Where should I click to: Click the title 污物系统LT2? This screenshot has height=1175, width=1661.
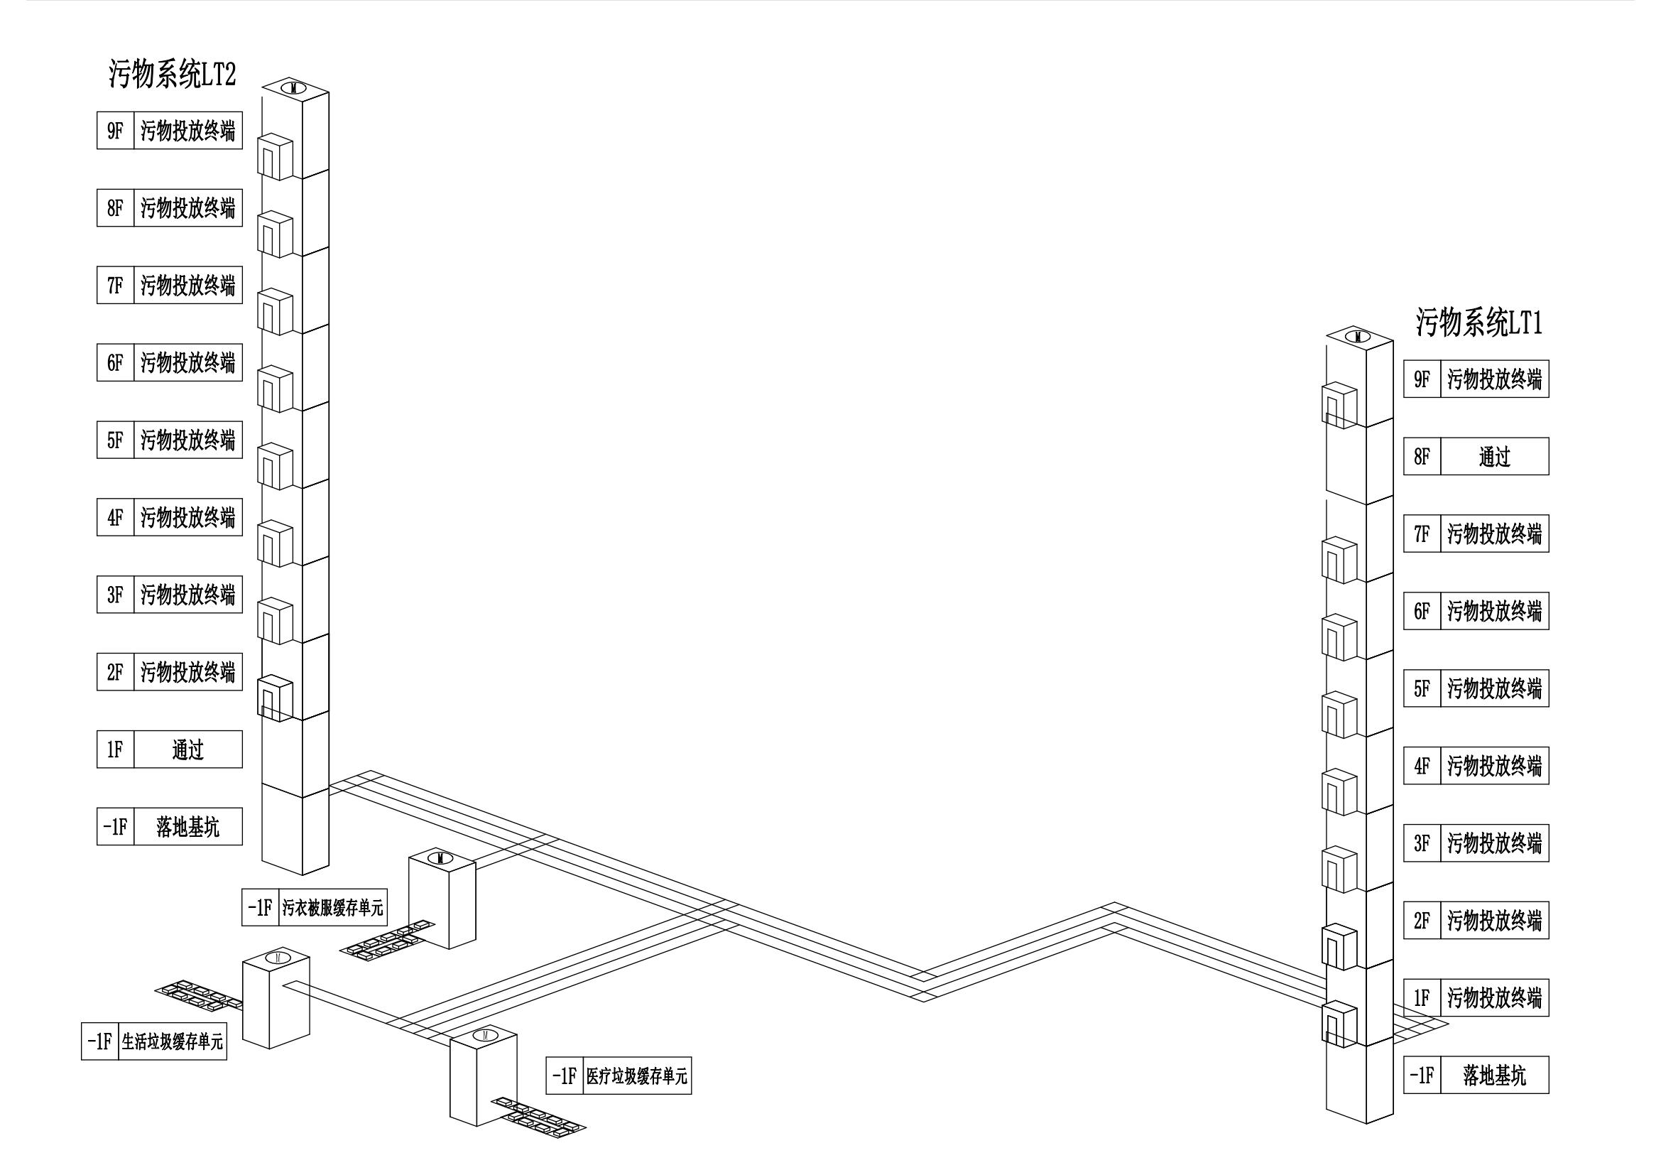(172, 74)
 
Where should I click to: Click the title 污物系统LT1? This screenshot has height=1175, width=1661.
(1478, 322)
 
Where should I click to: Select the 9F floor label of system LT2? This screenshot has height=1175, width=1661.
(116, 131)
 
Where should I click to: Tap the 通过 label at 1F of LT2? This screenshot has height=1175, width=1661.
(188, 749)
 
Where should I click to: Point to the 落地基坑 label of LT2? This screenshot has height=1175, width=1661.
(188, 827)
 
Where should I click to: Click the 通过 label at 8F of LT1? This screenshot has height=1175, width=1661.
(1495, 457)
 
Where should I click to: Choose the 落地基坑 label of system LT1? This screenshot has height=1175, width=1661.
(1495, 1075)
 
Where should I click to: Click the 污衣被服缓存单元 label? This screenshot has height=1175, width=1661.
(333, 907)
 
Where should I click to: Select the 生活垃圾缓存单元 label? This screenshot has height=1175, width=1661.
(172, 1042)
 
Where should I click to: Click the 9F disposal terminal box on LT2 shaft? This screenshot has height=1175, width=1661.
(275, 156)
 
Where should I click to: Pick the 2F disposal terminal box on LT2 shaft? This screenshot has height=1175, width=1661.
(275, 698)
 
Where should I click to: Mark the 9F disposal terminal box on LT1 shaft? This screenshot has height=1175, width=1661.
(1339, 405)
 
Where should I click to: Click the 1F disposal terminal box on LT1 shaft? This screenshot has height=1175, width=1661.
(1339, 1024)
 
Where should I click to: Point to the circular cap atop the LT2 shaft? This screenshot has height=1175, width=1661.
(295, 88)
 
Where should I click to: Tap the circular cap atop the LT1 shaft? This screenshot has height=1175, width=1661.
(1358, 336)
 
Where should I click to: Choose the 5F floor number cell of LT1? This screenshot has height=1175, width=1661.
(1422, 689)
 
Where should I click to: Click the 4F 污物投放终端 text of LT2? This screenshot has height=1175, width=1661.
(188, 517)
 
